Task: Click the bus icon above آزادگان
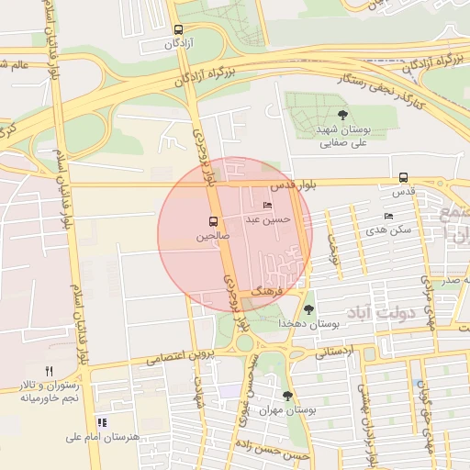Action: tap(177, 29)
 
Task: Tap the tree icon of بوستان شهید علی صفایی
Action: tap(342, 115)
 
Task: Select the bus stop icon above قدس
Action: tap(404, 178)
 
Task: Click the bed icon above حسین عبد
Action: tap(267, 205)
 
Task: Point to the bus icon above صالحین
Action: tap(213, 221)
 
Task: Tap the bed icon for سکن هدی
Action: tap(388, 216)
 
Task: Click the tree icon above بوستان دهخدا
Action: tap(308, 308)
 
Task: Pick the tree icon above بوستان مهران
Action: tap(288, 396)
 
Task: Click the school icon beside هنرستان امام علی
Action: tap(101, 422)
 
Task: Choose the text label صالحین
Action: tap(212, 236)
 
